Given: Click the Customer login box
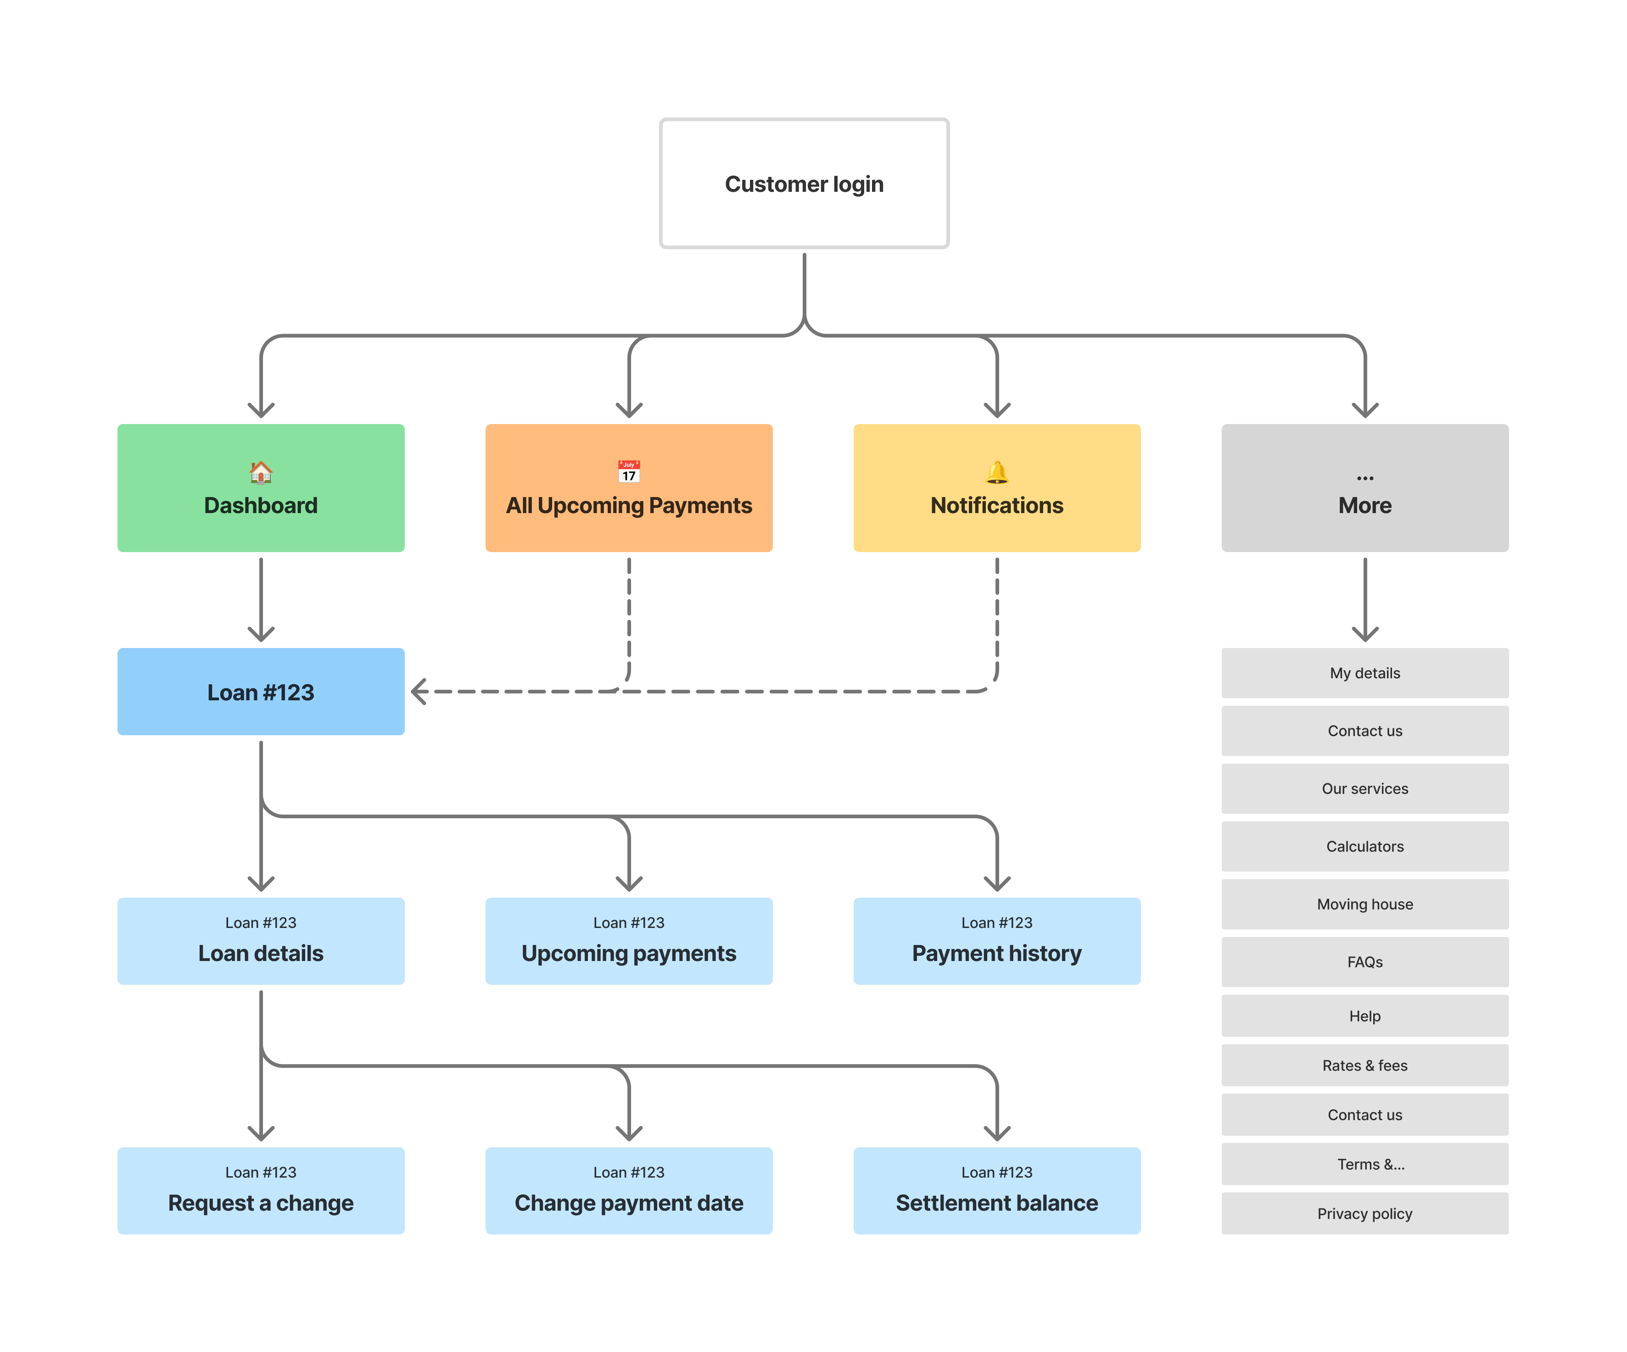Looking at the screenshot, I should pyautogui.click(x=804, y=184).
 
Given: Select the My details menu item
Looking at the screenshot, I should pyautogui.click(x=1364, y=672).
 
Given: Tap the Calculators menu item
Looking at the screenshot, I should pyautogui.click(x=1364, y=846).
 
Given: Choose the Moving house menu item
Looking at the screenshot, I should pyautogui.click(x=1364, y=904).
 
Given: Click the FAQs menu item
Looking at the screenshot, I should pyautogui.click(x=1364, y=961).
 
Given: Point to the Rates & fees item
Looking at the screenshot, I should pyautogui.click(x=1364, y=1065).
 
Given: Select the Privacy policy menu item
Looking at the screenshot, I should pyautogui.click(x=1364, y=1213).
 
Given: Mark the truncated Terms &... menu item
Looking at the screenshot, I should pyautogui.click(x=1364, y=1164).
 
